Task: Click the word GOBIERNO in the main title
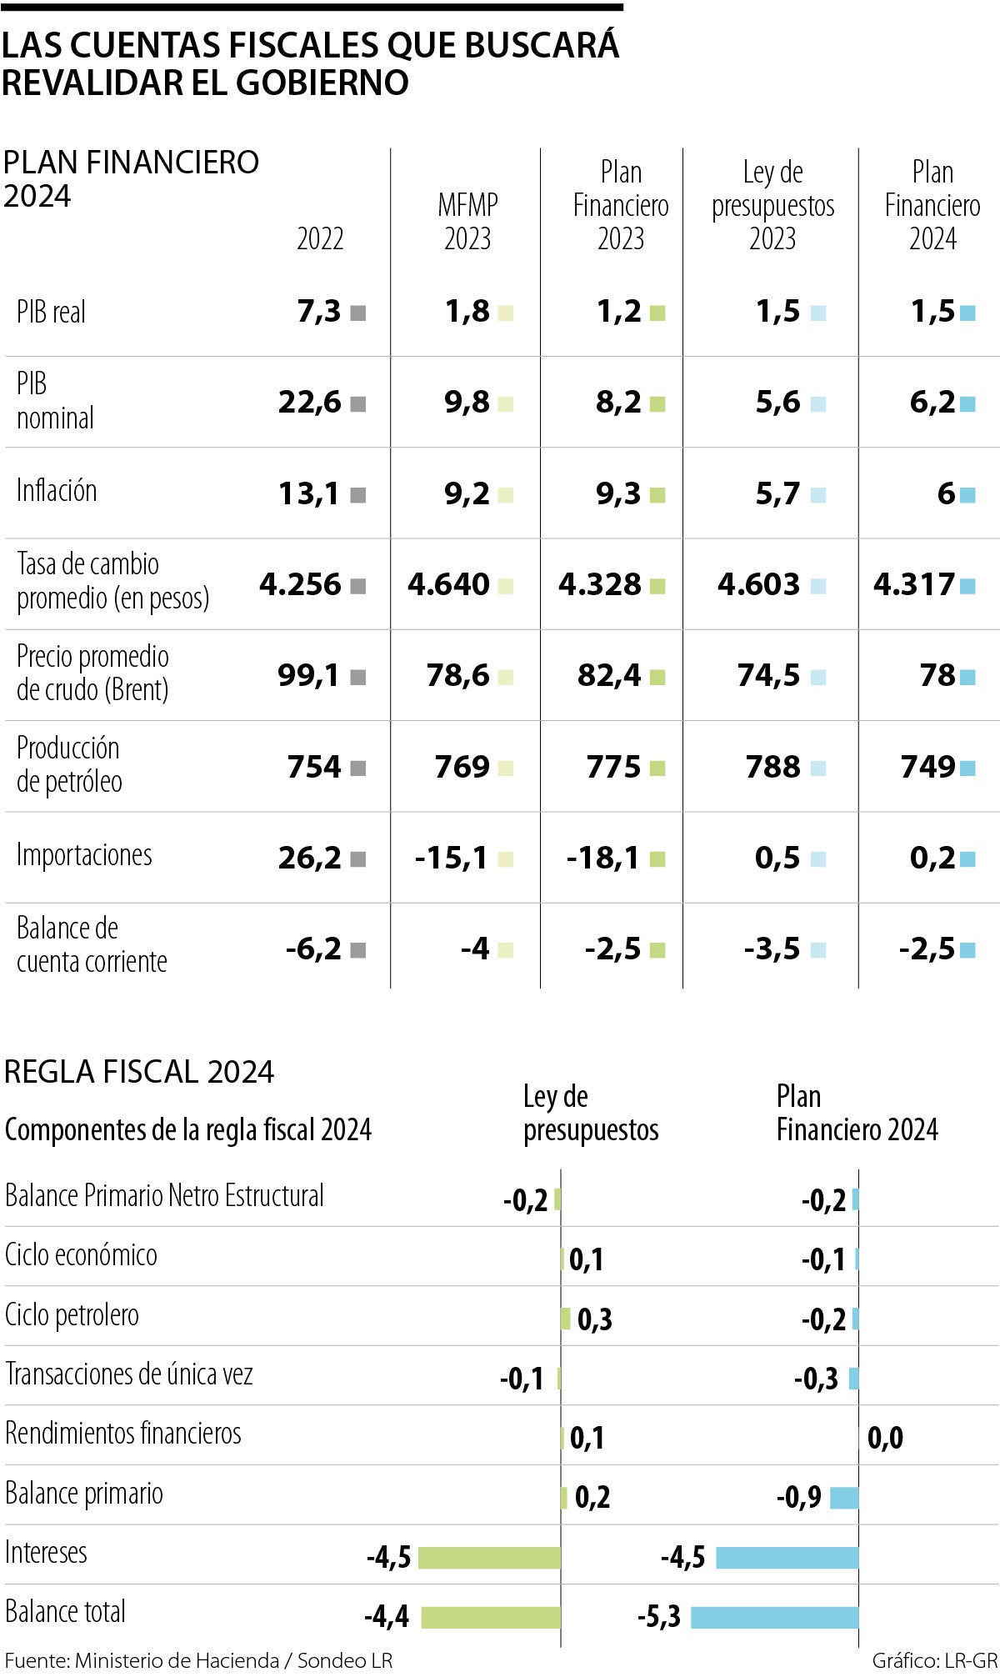322,82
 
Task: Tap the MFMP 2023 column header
467,222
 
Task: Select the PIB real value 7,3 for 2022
319,312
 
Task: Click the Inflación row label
57,491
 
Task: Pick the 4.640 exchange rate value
448,585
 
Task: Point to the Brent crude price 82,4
609,676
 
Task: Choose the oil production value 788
773,767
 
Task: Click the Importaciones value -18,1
602,858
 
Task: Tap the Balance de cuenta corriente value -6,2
313,949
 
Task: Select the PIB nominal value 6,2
932,403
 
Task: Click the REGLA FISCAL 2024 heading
139,1072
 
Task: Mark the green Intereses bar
489,1558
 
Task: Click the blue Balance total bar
774,1617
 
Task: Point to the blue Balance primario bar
844,1498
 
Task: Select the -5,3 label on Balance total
659,1617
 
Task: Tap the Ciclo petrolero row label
72,1315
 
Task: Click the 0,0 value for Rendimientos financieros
885,1438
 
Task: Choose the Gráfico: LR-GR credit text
934,1660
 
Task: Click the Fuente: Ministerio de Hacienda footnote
198,1660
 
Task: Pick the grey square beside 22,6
358,404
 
